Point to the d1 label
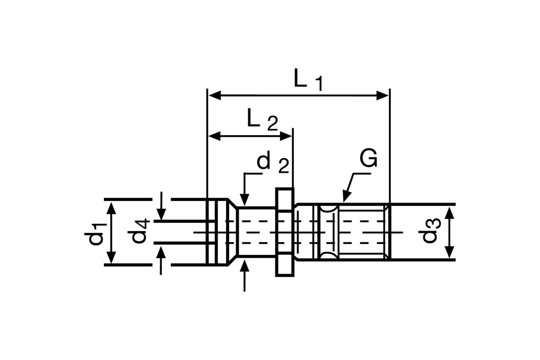[x=95, y=233]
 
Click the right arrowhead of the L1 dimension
[x=384, y=95]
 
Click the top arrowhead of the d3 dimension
[x=449, y=213]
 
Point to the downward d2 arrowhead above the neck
[x=245, y=200]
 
